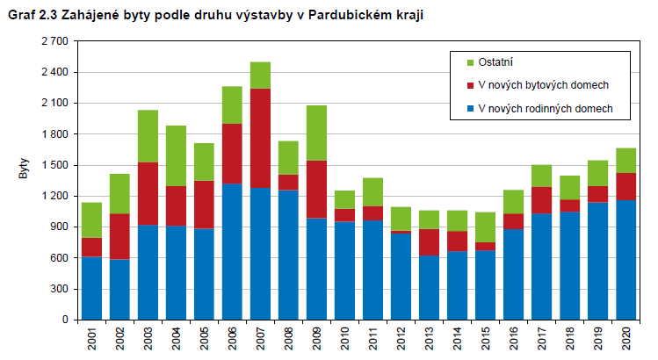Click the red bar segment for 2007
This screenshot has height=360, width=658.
point(260,138)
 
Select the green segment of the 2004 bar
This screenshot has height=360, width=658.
point(176,155)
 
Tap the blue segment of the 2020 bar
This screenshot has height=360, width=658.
point(625,259)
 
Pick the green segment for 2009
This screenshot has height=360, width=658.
point(316,133)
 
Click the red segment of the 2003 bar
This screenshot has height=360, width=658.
point(148,193)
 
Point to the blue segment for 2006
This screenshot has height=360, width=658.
point(232,251)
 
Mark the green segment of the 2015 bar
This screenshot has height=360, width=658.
point(485,227)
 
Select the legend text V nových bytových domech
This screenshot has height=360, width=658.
point(542,85)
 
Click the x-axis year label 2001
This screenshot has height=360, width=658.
point(91,340)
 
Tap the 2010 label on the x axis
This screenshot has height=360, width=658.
point(344,340)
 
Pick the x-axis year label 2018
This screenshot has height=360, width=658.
point(569,340)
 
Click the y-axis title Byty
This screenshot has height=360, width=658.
point(24,169)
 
